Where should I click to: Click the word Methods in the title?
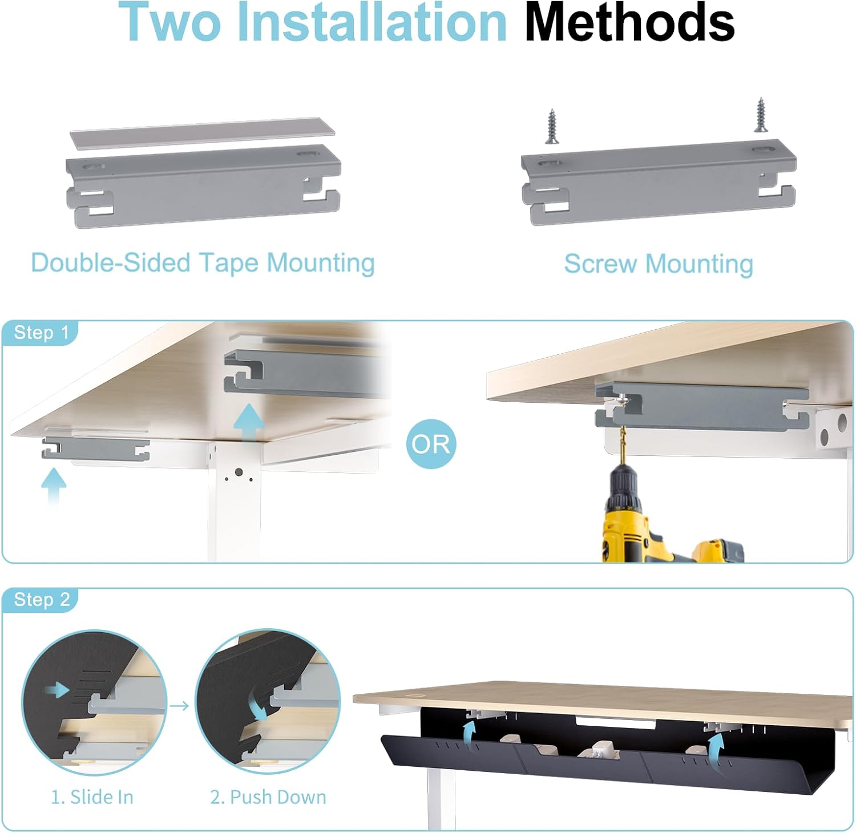629,23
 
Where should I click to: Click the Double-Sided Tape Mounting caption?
203,263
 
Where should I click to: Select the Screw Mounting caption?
659,264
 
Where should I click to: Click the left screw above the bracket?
552,126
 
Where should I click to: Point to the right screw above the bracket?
761,116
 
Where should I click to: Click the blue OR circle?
431,443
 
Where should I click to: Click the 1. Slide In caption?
92,797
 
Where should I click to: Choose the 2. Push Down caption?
268,797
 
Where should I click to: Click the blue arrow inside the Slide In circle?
58,691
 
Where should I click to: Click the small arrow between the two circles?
180,706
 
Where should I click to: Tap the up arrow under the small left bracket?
54,486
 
